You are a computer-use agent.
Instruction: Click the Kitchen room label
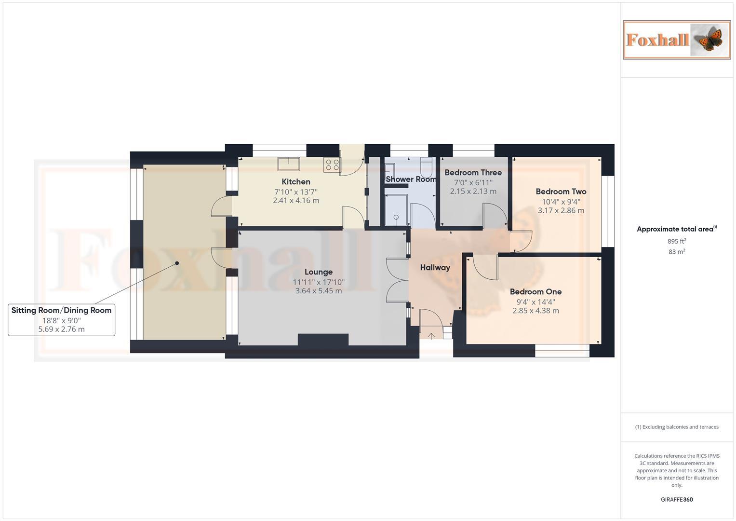pos(296,182)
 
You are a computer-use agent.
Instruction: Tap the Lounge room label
pos(319,272)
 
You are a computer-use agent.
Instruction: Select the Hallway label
pos(435,268)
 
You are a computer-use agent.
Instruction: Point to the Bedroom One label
pos(535,292)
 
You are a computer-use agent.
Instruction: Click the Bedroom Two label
pos(561,192)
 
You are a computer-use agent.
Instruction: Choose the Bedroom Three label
pos(473,173)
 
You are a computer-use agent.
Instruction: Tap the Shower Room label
pos(411,179)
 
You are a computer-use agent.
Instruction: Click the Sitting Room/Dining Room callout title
pos(61,311)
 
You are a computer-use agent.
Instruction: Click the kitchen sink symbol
pos(288,164)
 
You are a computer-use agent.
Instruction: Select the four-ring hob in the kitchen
pos(332,165)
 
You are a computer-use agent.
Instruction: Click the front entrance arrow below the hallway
pos(431,336)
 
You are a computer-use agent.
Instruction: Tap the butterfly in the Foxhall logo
pos(708,39)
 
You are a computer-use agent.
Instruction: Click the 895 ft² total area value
pos(677,241)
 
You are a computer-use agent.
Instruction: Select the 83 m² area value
pos(677,252)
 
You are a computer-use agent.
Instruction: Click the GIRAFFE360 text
pos(677,500)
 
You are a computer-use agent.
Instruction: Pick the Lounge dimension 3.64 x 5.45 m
pos(319,291)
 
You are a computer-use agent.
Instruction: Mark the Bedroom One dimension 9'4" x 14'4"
pos(535,302)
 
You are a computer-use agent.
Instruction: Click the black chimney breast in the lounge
pos(323,340)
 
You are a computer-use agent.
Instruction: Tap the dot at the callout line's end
pos(177,263)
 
